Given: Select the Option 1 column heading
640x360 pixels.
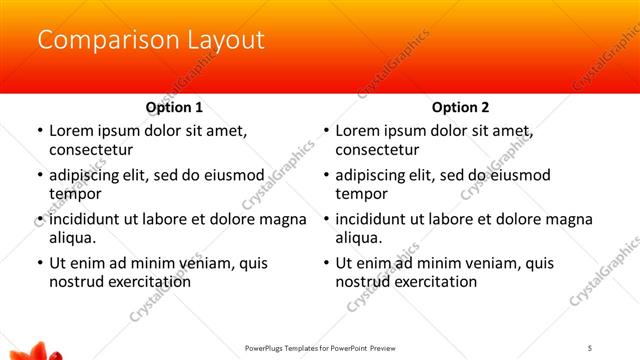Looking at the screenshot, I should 174,107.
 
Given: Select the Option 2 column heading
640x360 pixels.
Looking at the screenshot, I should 460,107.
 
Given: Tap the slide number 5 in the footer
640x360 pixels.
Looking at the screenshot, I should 590,348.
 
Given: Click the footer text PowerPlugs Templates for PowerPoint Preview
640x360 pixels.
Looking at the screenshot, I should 320,348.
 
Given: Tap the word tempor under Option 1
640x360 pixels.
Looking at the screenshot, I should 74,194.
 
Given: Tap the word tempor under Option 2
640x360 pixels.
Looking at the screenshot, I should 360,194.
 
